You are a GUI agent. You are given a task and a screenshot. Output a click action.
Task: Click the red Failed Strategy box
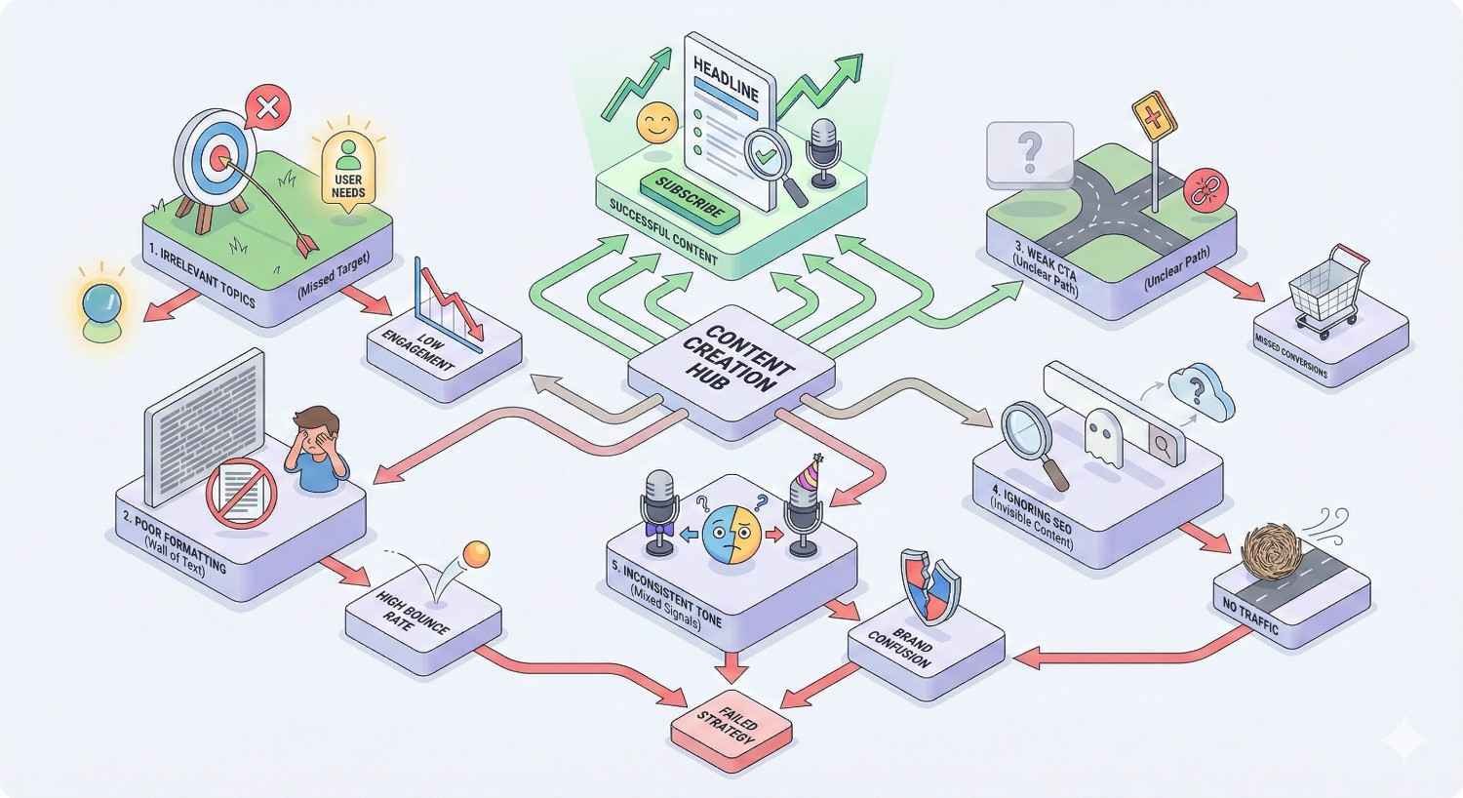click(x=731, y=728)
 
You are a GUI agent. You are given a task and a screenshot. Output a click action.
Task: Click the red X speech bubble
click(x=266, y=106)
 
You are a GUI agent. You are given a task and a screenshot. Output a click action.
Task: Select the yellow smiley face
click(x=655, y=123)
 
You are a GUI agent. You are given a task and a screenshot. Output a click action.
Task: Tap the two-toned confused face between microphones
click(x=731, y=534)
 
